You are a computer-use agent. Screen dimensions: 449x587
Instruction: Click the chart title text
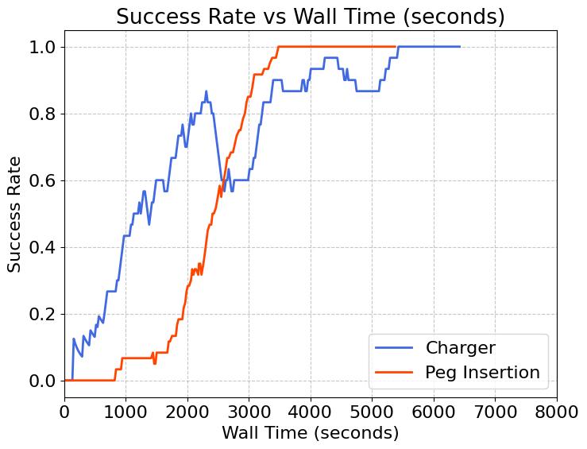tap(310, 16)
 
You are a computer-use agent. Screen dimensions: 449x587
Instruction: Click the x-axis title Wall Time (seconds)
tap(310, 433)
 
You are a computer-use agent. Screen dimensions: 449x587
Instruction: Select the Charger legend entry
tap(460, 348)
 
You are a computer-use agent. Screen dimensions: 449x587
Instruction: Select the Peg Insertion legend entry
tap(482, 372)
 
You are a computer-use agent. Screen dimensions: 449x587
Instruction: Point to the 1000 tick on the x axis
tap(126, 411)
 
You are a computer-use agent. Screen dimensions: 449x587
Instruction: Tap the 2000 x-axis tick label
tap(187, 411)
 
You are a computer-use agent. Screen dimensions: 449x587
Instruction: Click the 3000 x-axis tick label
tap(249, 411)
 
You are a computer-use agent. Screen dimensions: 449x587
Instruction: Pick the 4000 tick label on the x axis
tap(311, 411)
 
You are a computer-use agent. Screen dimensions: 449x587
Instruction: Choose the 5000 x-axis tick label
tap(372, 411)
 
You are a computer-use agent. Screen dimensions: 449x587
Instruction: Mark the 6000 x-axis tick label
tap(434, 411)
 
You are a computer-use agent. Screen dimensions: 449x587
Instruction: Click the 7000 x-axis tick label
tap(495, 411)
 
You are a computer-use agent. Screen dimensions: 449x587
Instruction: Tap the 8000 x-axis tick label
tap(556, 411)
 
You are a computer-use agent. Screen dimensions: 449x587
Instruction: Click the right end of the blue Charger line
tap(460, 47)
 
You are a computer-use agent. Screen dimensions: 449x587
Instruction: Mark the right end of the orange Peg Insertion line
tap(396, 47)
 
